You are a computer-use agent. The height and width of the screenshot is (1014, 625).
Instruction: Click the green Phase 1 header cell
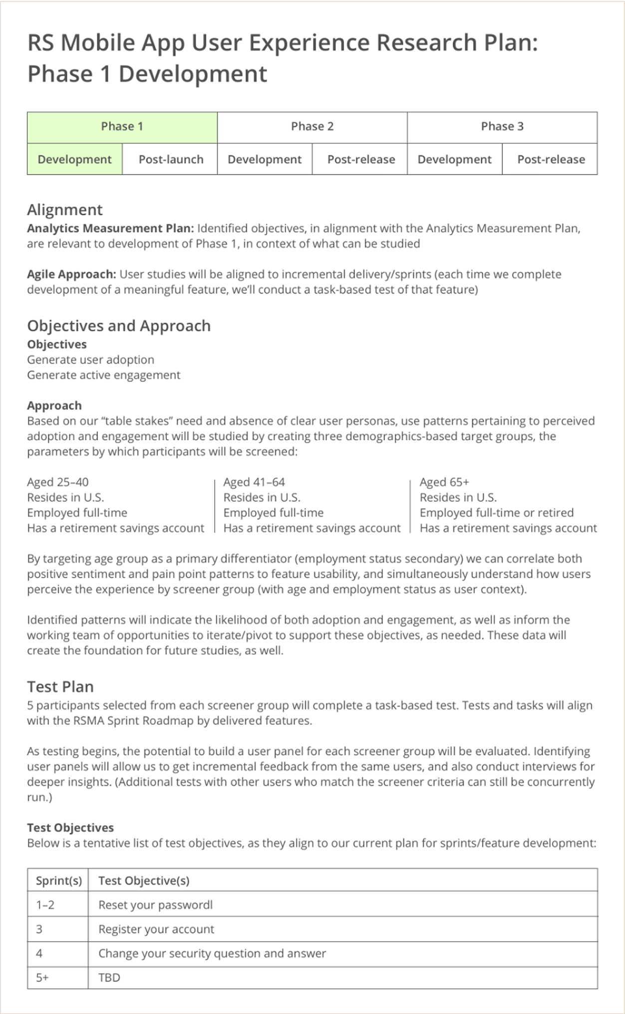click(x=122, y=127)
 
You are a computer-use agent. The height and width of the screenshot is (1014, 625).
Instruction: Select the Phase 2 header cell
click(x=312, y=127)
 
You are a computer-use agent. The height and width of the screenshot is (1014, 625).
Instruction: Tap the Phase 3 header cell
click(x=502, y=127)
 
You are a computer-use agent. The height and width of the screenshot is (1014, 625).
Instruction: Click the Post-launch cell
click(x=171, y=160)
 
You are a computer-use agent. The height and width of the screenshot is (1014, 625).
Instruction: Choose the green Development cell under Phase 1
click(x=74, y=160)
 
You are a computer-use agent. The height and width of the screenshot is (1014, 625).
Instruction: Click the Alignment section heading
click(x=65, y=210)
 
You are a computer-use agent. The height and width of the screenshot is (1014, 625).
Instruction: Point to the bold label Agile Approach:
click(x=71, y=274)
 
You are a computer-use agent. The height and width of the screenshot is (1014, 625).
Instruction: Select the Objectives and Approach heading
click(x=119, y=326)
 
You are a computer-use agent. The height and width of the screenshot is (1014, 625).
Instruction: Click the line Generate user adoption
click(x=90, y=359)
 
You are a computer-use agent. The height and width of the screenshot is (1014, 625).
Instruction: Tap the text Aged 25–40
click(x=58, y=482)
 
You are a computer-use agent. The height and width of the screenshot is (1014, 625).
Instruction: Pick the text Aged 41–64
click(x=254, y=482)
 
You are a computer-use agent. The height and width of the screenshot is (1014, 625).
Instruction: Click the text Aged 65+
click(x=444, y=482)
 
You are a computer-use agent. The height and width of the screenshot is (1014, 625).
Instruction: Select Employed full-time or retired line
click(x=496, y=513)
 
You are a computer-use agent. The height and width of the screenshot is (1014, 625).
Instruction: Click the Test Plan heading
click(x=60, y=686)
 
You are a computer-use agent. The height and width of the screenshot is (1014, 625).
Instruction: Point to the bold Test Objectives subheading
click(x=70, y=827)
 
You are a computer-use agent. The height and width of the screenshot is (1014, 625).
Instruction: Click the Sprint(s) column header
click(x=58, y=880)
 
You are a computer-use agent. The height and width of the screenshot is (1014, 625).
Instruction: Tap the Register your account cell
click(x=156, y=929)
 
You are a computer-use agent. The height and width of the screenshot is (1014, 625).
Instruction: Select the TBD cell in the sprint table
click(x=109, y=977)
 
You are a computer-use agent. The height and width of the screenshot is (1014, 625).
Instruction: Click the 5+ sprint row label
click(x=42, y=977)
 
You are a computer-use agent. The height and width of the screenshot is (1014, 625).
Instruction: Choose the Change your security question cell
click(x=212, y=953)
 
